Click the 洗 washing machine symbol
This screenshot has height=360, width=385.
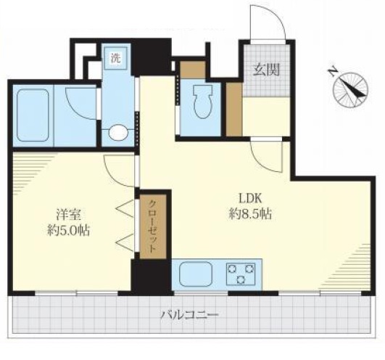click(x=115, y=58)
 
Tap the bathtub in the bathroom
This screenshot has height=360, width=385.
click(x=33, y=115)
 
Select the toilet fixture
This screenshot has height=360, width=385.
click(x=203, y=102)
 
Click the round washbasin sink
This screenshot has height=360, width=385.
click(x=118, y=133)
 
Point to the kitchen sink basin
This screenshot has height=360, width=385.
click(x=196, y=274)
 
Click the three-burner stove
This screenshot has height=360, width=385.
click(x=241, y=274)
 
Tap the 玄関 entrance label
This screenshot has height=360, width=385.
click(x=267, y=70)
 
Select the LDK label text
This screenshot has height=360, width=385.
click(x=251, y=198)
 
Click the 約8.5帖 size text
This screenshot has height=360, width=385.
click(x=250, y=214)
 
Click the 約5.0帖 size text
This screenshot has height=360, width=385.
click(x=68, y=231)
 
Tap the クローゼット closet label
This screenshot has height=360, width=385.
click(x=152, y=226)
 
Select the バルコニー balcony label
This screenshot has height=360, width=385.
click(x=189, y=314)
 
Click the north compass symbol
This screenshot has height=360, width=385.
click(x=350, y=90)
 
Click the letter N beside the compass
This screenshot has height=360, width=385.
click(x=333, y=71)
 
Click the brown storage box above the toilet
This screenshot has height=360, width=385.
click(x=193, y=70)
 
